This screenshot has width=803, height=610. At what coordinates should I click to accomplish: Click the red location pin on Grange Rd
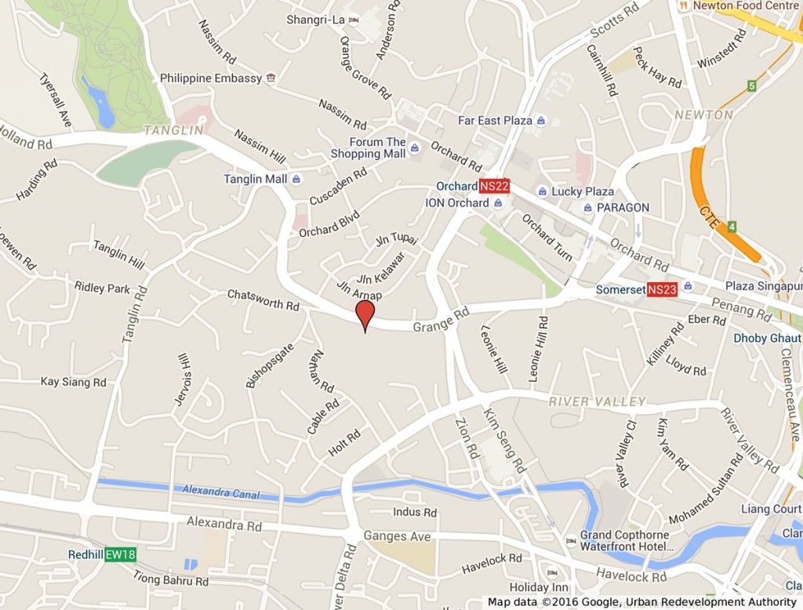365,314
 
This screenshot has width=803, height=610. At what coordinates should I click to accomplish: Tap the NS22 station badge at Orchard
495,187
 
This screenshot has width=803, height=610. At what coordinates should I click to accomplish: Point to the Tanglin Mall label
255,179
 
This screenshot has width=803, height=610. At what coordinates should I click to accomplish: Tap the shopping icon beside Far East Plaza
541,121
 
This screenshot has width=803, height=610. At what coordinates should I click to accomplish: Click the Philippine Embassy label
210,78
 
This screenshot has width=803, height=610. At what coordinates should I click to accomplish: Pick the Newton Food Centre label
745,5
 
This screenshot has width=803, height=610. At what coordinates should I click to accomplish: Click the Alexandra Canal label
220,492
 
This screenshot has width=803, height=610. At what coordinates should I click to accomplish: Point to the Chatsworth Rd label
263,300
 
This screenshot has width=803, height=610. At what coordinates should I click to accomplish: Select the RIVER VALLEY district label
598,401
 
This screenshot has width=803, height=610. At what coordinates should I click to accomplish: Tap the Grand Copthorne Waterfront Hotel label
624,541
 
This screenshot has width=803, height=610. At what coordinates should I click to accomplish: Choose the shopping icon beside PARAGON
587,208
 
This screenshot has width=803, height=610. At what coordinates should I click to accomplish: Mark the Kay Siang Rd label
73,382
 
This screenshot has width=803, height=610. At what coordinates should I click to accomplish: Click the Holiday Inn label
539,587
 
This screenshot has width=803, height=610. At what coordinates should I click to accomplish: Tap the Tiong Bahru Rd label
170,581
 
